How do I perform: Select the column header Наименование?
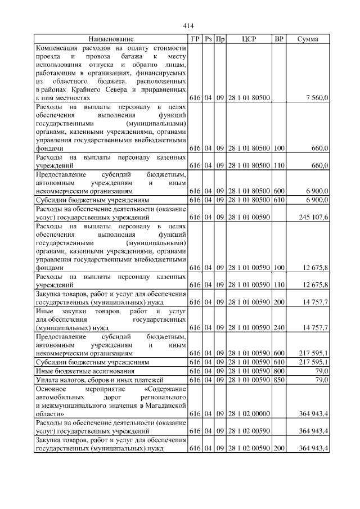(x=111, y=39)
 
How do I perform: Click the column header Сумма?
(x=307, y=39)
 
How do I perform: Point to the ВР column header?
(x=278, y=39)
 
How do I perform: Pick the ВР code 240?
(x=278, y=327)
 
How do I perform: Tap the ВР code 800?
(x=278, y=371)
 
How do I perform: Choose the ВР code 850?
(x=278, y=380)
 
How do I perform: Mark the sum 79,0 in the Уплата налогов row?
(x=321, y=380)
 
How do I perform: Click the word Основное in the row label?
(x=51, y=389)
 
